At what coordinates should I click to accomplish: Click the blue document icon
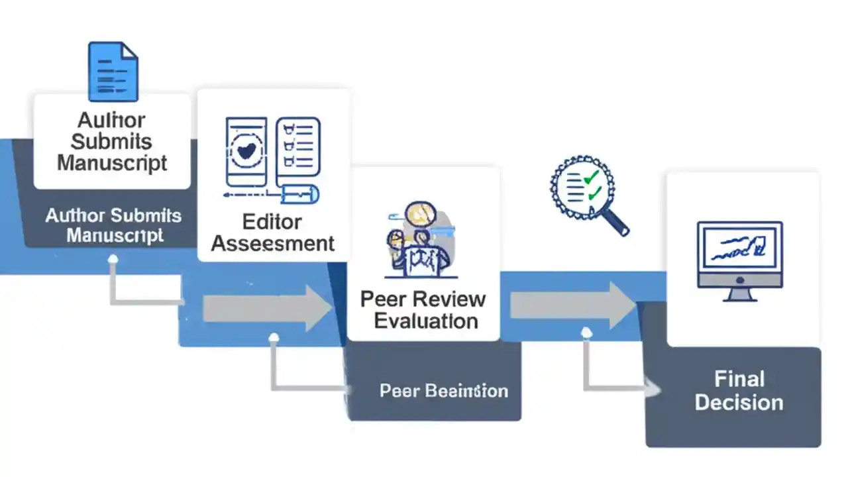point(113,72)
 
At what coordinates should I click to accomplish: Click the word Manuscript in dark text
point(112,163)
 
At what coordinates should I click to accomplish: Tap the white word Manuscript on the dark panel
point(115,235)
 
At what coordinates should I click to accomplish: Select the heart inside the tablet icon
point(246,151)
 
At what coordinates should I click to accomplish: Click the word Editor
point(272,221)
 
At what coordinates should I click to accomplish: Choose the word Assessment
point(272,243)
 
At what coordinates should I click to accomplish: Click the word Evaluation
point(425,321)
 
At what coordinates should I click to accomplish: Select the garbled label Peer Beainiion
point(443,391)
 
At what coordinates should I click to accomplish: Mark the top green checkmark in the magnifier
point(592,177)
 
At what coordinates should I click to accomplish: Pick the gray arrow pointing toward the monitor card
point(572,305)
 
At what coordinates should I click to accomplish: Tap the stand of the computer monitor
point(739,293)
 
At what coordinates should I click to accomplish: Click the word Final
point(739,379)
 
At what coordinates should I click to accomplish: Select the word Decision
point(739,402)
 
